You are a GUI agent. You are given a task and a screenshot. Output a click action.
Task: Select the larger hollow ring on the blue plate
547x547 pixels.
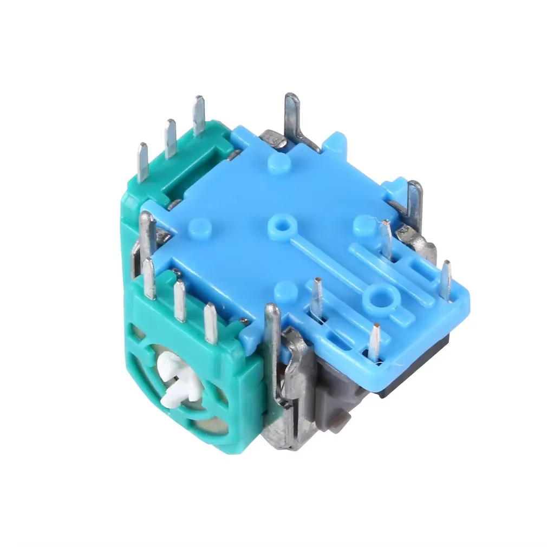pyautogui.click(x=377, y=297)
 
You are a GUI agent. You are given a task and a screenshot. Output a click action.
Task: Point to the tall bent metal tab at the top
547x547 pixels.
pyautogui.click(x=294, y=116)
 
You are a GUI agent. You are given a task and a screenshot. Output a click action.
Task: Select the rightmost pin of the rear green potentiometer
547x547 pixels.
pyautogui.click(x=199, y=114)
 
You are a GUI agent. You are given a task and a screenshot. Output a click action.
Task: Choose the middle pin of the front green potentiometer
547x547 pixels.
pyautogui.click(x=179, y=301)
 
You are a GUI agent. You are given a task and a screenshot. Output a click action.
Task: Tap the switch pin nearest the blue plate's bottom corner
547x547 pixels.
pyautogui.click(x=374, y=341)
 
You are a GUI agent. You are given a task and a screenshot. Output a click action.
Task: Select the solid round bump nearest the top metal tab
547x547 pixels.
pyautogui.click(x=279, y=162)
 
